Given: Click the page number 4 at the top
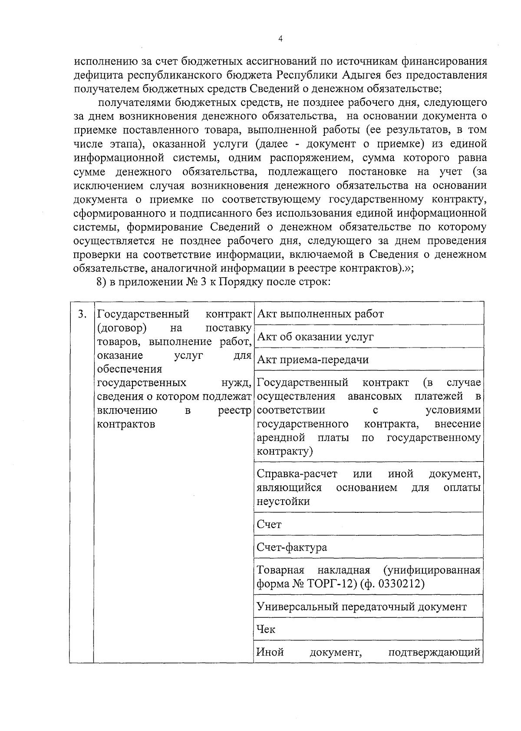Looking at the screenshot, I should (280, 39).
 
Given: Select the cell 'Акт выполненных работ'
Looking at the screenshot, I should (320, 314).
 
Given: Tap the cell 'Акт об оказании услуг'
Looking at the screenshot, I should (315, 337).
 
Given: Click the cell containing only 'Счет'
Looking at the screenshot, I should (269, 524).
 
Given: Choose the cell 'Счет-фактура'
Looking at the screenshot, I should (292, 547).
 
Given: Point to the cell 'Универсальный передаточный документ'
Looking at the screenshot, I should (361, 606).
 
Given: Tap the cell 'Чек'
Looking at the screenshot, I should (266, 629).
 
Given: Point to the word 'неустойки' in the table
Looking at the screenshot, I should (283, 502).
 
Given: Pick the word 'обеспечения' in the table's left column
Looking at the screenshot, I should (129, 369).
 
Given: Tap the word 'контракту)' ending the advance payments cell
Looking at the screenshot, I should (284, 451).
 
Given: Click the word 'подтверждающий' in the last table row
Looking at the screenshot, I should (434, 652).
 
